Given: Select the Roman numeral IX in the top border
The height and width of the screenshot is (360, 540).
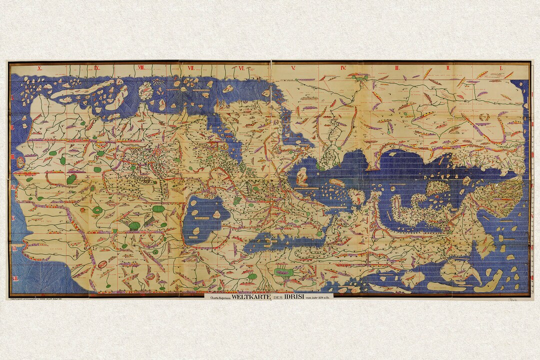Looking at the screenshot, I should tap(96, 67).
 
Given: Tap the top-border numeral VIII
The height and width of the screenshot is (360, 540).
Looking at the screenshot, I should tap(141, 67).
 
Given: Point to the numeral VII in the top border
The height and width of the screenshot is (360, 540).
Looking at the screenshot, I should tap(191, 67).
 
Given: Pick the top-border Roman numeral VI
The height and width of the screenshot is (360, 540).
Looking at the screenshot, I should tap(241, 67).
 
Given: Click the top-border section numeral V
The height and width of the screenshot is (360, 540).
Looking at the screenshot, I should tap(293, 67).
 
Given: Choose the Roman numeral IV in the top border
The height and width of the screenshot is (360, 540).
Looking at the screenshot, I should tap(343, 67).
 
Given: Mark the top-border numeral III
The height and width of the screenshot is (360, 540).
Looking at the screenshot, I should tap(396, 67).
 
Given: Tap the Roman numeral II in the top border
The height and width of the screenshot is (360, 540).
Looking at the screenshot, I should tap(448, 67).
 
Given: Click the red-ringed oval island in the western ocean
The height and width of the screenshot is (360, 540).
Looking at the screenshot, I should tap(20, 162).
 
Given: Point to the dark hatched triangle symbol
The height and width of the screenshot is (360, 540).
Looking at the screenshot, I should tap(148, 219).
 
